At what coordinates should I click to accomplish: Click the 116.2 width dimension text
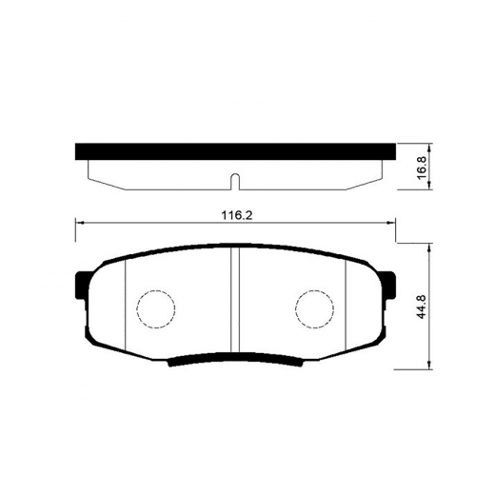pos(236,215)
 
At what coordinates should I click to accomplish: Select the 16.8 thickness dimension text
pos(423,168)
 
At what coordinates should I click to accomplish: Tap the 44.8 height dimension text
pos(422,307)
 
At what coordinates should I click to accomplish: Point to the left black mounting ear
pos(81,285)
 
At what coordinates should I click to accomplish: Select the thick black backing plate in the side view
pos(235,151)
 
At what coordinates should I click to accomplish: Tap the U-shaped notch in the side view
pos(235,182)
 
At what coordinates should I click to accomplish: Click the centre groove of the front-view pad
pos(235,300)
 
